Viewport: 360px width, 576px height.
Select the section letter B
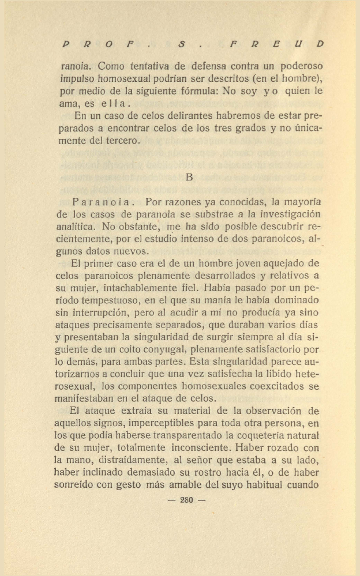coord(189,178)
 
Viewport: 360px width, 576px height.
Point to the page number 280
coord(186,500)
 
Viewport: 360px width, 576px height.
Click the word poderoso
coord(296,67)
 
